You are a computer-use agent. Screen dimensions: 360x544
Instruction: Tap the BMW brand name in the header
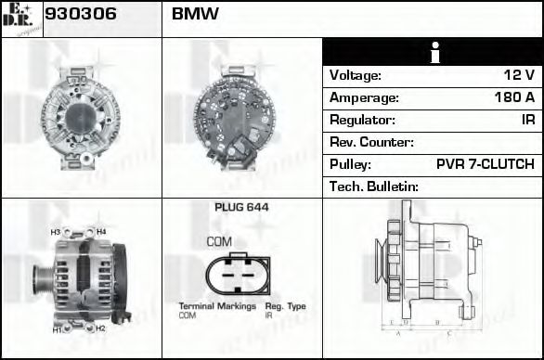coord(195,15)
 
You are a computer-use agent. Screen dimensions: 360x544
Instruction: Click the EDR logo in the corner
coord(21,19)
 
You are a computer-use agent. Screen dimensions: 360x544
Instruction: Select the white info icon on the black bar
coord(433,52)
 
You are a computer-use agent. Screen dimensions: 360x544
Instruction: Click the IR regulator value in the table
coord(527,120)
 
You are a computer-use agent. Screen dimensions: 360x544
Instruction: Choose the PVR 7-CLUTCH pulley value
coord(485,164)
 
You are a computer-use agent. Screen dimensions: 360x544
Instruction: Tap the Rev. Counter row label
coord(371,142)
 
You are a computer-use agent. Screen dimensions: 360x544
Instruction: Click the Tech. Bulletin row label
coord(374,186)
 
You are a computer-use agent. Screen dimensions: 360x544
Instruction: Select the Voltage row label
coord(356,75)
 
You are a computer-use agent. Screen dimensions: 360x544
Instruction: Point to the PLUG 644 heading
coord(241,208)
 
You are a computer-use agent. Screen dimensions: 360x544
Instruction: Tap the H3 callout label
coord(55,231)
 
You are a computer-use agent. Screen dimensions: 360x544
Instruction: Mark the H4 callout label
coord(100,231)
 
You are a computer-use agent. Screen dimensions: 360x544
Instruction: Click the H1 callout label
coord(56,329)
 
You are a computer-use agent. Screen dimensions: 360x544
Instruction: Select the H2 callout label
coord(100,328)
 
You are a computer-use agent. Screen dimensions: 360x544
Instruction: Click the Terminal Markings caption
coord(213,306)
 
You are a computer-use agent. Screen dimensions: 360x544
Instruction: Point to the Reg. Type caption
coord(285,306)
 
